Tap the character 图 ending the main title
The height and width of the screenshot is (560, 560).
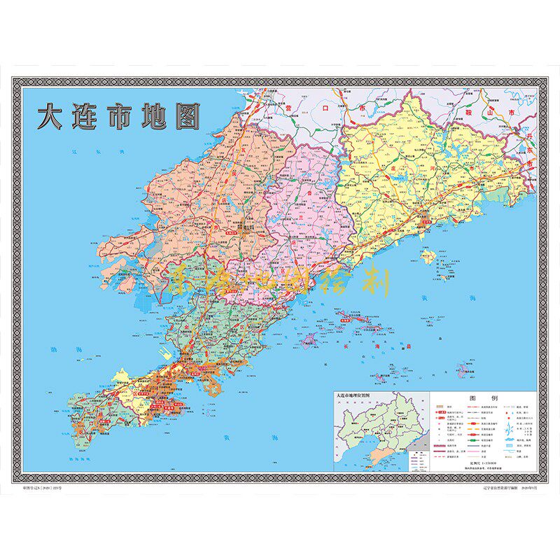point(185,117)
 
